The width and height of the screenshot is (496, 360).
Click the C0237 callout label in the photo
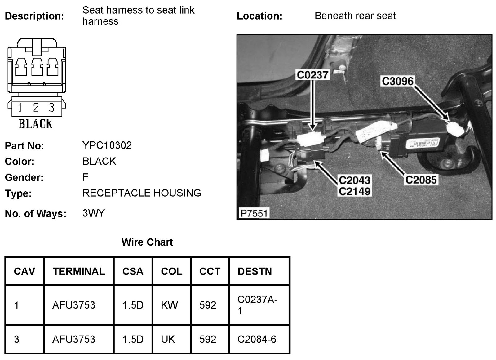tap(312, 75)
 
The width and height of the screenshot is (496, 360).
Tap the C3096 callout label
tap(398, 81)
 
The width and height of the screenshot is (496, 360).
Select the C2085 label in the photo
tap(421, 180)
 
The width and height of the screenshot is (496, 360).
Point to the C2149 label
tap(355, 191)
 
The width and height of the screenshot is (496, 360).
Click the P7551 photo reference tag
tap(254, 213)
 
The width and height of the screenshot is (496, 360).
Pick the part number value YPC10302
tap(107, 145)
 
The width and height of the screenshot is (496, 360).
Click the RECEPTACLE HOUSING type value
tap(142, 193)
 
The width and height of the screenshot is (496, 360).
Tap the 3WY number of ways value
tap(94, 213)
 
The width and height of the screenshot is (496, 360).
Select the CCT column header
tap(210, 271)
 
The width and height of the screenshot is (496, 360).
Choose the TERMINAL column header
tap(79, 271)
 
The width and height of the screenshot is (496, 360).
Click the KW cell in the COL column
tap(169, 305)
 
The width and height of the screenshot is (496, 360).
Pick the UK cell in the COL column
tap(168, 339)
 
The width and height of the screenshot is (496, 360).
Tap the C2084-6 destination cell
tap(257, 339)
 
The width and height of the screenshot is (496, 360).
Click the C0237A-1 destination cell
tap(257, 305)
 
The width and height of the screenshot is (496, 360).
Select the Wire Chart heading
tap(147, 242)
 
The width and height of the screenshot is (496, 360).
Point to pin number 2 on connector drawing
tap(36, 108)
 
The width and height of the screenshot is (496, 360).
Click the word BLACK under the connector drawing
tap(36, 124)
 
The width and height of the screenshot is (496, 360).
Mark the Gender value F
tap(86, 177)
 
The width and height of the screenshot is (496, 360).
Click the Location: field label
tap(259, 16)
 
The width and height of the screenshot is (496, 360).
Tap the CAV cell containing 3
tap(16, 339)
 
